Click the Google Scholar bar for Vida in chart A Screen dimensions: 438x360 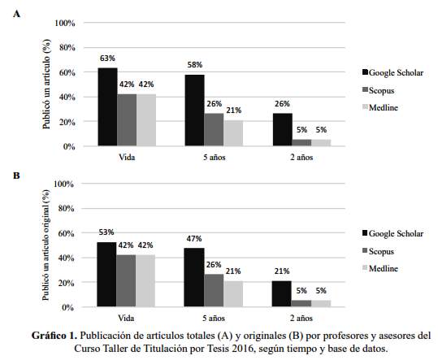point(107,106)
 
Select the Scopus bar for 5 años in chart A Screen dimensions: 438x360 point(214,129)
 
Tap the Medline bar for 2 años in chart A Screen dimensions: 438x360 point(321,142)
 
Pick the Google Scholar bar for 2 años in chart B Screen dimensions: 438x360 point(282,294)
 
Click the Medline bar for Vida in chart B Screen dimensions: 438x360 point(145,280)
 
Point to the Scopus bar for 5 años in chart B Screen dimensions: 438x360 point(214,290)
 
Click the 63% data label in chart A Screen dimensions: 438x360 point(107,59)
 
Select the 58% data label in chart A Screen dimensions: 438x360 point(195,65)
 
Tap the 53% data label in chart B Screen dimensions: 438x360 point(106,232)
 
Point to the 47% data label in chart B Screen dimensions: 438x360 point(194,239)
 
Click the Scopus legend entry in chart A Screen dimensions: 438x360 point(378,90)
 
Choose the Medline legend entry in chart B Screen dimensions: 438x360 point(380,269)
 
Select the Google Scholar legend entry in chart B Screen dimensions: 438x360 point(392,233)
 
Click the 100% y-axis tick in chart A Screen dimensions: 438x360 point(65,23)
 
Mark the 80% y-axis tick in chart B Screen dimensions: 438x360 point(66,209)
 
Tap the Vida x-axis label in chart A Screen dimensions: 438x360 point(127,157)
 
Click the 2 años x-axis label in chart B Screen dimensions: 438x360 point(301,318)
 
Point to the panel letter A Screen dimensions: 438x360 point(16,14)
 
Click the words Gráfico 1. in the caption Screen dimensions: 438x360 point(54,336)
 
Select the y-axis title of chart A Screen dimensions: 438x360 point(46,85)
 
